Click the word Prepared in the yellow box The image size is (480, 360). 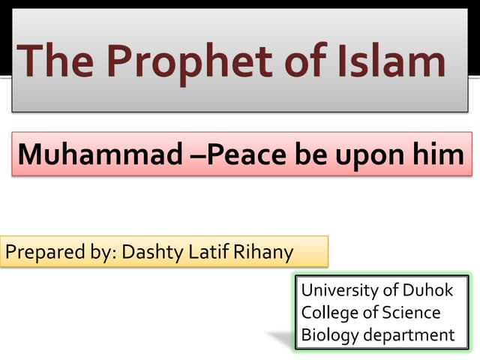(40, 253)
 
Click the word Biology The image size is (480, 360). (330, 334)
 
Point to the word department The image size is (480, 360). (409, 334)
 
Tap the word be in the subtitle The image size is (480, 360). (309, 154)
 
